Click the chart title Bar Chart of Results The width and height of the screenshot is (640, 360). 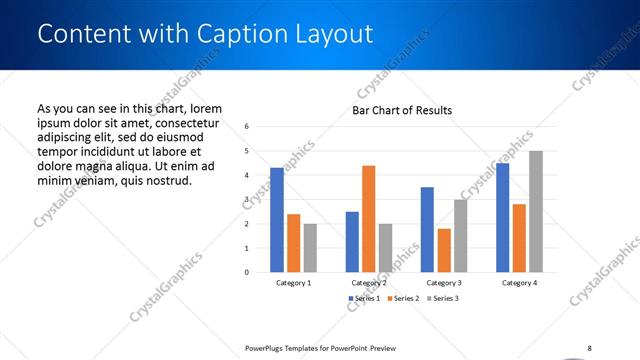click(401, 110)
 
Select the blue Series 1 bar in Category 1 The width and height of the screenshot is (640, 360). click(277, 220)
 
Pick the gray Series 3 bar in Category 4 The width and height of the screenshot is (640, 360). click(536, 211)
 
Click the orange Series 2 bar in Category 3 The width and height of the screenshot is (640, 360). click(444, 250)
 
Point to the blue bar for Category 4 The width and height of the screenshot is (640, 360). click(502, 217)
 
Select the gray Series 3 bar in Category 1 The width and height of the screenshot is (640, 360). click(310, 247)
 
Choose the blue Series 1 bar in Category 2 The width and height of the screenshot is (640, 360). click(352, 241)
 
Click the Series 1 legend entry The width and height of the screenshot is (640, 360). click(364, 299)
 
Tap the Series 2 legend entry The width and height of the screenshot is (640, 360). click(403, 299)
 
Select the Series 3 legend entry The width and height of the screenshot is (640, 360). click(442, 299)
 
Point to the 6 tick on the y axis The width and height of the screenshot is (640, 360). click(246, 127)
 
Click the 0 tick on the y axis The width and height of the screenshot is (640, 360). click(246, 272)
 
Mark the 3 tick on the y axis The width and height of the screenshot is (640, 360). click(246, 199)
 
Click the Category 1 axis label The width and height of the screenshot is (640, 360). click(293, 283)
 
